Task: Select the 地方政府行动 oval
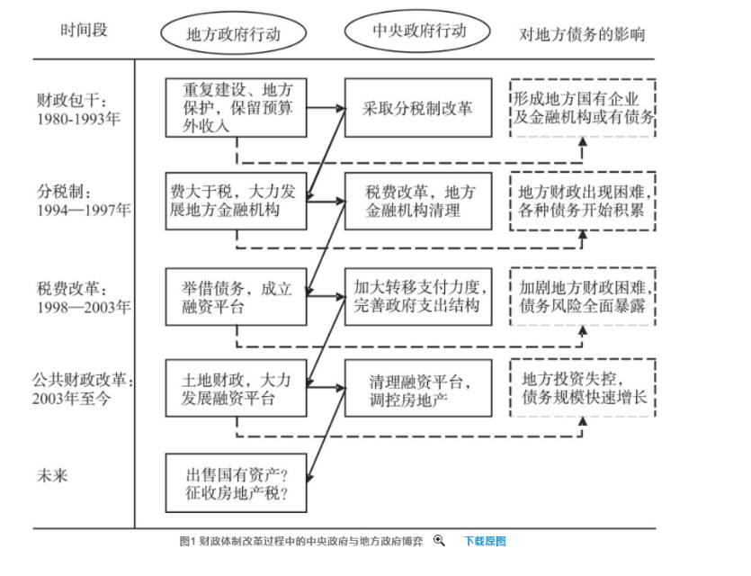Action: [x=233, y=34]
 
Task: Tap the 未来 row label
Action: [x=52, y=474]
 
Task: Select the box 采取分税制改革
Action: [x=418, y=108]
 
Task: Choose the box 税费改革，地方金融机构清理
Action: [x=418, y=202]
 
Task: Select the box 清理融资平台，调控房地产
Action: [x=418, y=388]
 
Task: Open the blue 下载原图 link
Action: [x=485, y=541]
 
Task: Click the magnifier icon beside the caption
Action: [x=439, y=541]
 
